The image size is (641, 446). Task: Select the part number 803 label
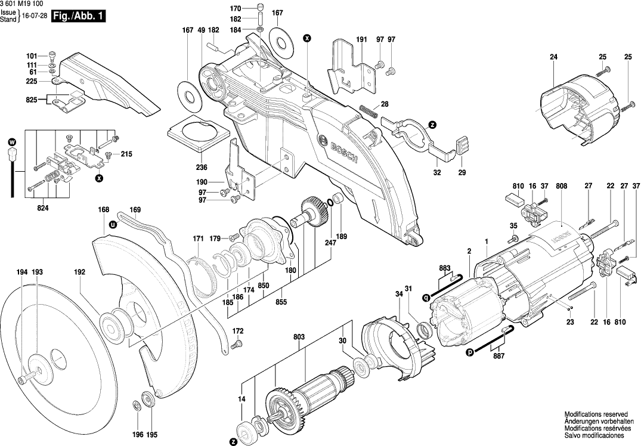click(299, 337)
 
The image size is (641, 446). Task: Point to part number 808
click(561, 186)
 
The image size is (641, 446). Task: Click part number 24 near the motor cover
click(553, 57)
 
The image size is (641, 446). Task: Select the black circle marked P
click(470, 352)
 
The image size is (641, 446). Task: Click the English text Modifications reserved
click(596, 413)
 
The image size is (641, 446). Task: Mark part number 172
click(238, 331)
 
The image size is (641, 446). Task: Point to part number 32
click(437, 172)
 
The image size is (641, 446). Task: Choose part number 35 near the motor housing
click(514, 225)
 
